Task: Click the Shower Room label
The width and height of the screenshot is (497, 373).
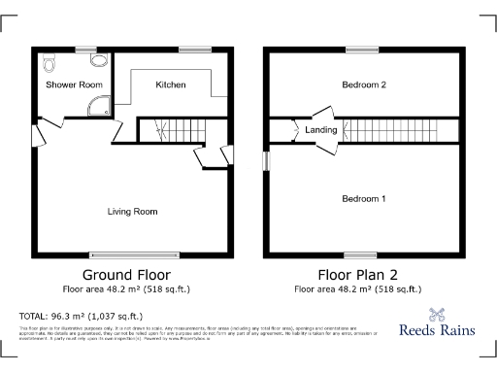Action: click(x=74, y=85)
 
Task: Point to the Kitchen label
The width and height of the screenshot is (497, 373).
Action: click(x=171, y=85)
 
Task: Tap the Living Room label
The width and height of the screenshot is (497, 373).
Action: click(x=132, y=211)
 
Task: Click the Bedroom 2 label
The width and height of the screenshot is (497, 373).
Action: click(x=364, y=85)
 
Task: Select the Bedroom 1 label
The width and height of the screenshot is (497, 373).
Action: click(x=364, y=198)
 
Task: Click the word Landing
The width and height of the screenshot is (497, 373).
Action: click(x=321, y=129)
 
